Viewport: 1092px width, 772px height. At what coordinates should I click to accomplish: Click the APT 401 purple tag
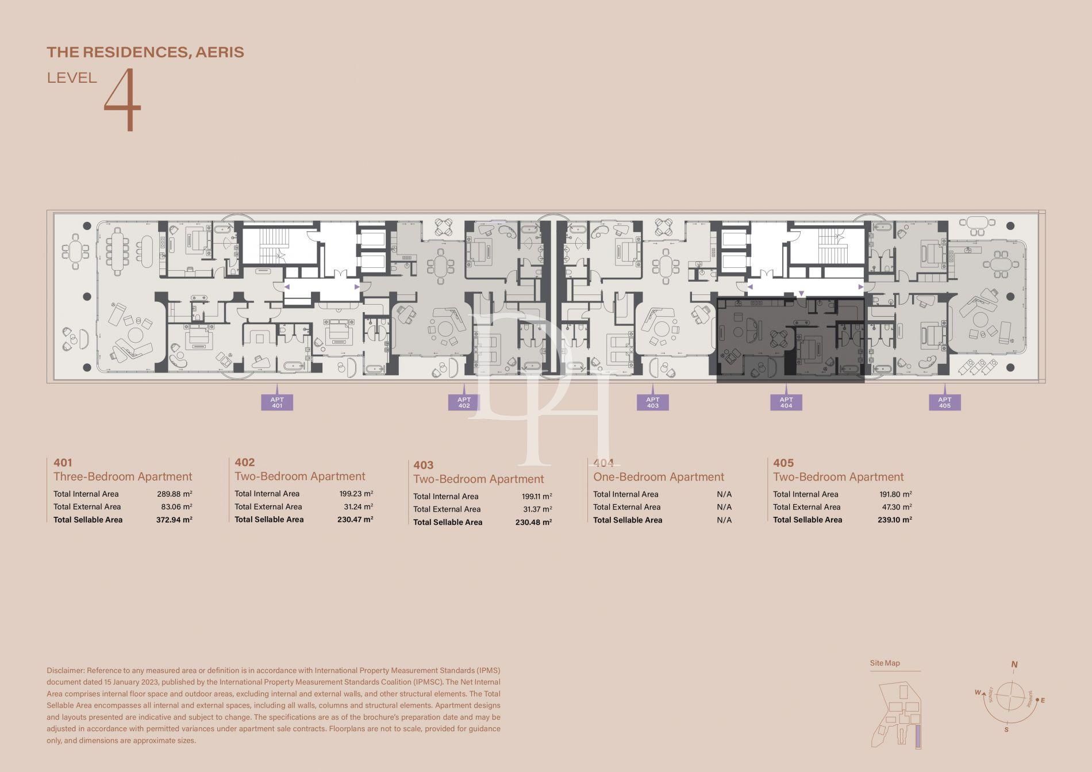pos(277,402)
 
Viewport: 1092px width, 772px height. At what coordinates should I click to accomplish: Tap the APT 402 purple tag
pos(464,402)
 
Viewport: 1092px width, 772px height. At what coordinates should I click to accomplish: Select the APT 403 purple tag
pos(652,402)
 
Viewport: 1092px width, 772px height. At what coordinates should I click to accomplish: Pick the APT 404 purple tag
pos(786,402)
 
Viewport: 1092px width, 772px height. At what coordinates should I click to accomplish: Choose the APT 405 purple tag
pos(944,402)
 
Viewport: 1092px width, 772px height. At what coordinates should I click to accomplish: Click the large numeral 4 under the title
pos(122,99)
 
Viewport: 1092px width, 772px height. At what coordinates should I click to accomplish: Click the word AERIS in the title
pos(220,52)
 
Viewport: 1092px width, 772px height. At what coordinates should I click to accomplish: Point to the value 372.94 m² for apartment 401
pos(174,520)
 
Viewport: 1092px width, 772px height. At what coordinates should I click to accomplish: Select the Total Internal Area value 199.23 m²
pos(356,493)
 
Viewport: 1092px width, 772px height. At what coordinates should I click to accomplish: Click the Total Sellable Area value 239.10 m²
pos(894,520)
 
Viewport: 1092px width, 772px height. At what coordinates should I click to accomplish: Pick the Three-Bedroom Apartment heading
pos(122,477)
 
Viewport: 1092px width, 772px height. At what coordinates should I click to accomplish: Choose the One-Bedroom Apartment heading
pos(658,477)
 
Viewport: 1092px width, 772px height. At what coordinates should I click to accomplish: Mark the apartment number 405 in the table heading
pos(783,463)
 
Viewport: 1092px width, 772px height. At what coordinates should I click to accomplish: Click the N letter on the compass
pos(1014,665)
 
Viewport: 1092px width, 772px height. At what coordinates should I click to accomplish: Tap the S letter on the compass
pos(1006,730)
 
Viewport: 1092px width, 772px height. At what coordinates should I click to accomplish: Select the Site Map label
pos(885,663)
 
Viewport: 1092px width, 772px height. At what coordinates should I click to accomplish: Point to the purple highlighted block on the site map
pos(918,736)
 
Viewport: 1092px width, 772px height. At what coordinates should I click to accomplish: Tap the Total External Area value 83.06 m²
pos(176,506)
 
